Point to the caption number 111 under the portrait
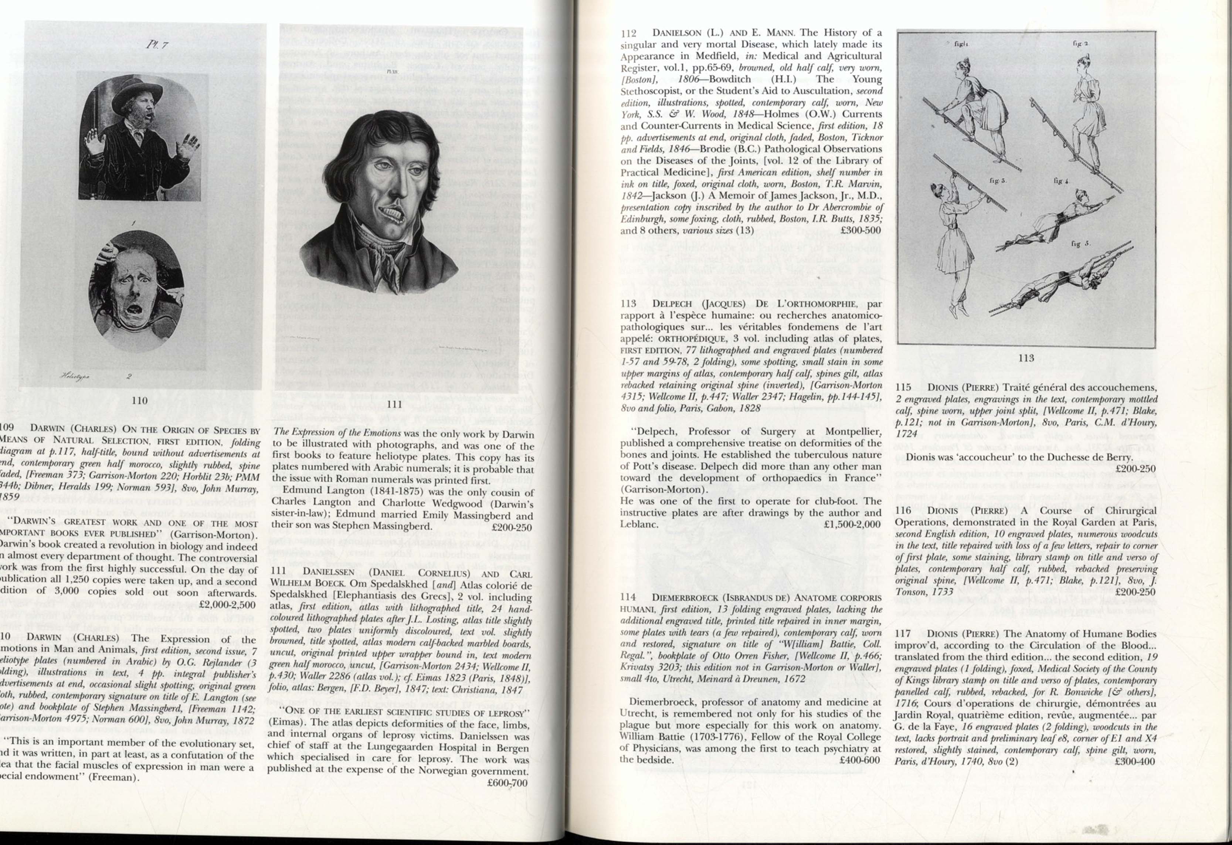pos(396,405)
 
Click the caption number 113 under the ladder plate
pos(1025,358)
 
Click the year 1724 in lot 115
pos(906,434)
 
